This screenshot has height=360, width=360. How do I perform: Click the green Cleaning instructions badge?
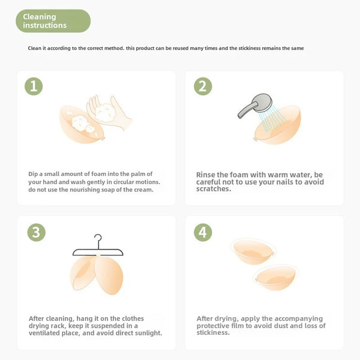(53, 21)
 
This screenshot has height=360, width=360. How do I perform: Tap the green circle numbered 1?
(34, 86)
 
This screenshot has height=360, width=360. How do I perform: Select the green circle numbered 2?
(203, 86)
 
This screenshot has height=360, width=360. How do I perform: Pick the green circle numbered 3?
(36, 232)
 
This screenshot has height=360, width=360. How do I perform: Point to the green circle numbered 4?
(203, 232)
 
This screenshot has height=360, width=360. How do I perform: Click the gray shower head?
(256, 105)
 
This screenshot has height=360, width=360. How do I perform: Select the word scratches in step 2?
(214, 189)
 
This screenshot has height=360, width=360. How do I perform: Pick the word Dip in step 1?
(33, 174)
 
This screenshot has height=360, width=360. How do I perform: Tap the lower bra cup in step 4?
(276, 278)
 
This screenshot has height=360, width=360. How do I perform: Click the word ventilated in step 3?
(44, 333)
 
